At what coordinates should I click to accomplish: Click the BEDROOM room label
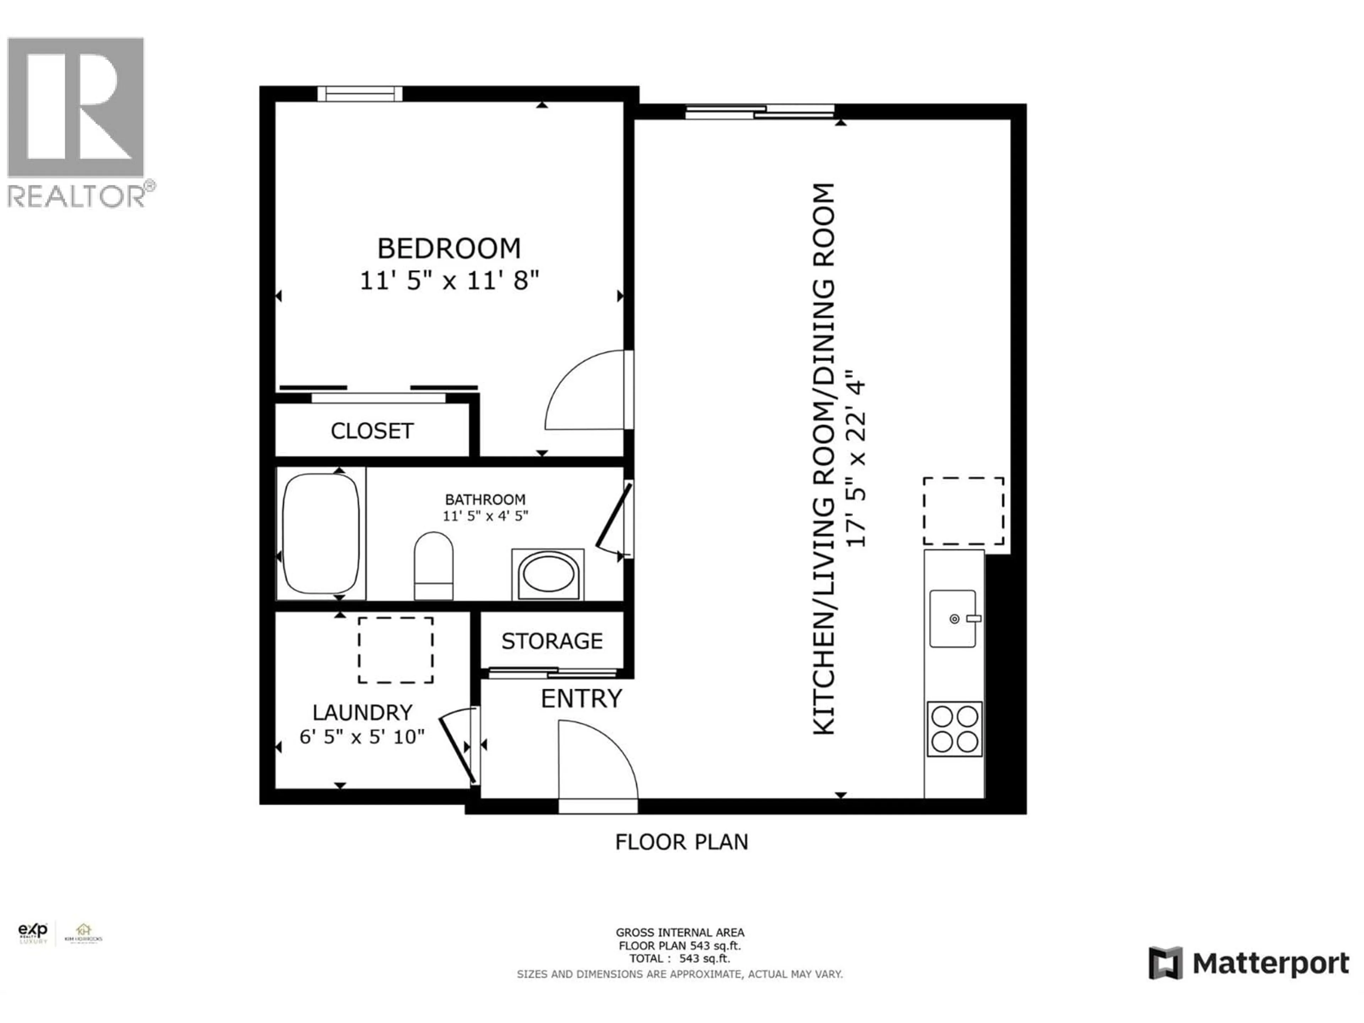(449, 249)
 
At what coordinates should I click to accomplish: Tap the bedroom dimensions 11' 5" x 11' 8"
(449, 281)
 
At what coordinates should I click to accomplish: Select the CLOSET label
(372, 431)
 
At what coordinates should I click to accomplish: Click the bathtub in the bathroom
(321, 534)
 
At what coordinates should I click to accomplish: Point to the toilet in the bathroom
(433, 565)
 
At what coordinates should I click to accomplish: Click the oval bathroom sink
(548, 573)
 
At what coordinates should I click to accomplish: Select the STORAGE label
(552, 641)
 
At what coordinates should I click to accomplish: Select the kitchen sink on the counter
(953, 618)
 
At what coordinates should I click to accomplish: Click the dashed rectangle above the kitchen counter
(963, 511)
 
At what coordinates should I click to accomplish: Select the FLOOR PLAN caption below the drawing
(681, 842)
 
